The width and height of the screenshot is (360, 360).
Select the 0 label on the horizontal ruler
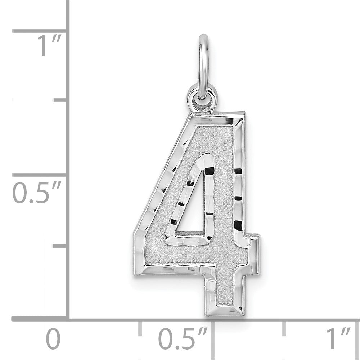pyautogui.click(x=53, y=339)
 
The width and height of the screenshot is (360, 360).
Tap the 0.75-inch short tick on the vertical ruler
pyautogui.click(x=60, y=99)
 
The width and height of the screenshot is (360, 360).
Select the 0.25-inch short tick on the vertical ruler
pyautogui.click(x=60, y=246)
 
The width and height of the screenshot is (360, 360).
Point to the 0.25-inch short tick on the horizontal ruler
pyautogui.click(x=140, y=328)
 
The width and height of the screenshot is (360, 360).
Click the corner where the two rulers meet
pyautogui.click(x=68, y=319)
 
